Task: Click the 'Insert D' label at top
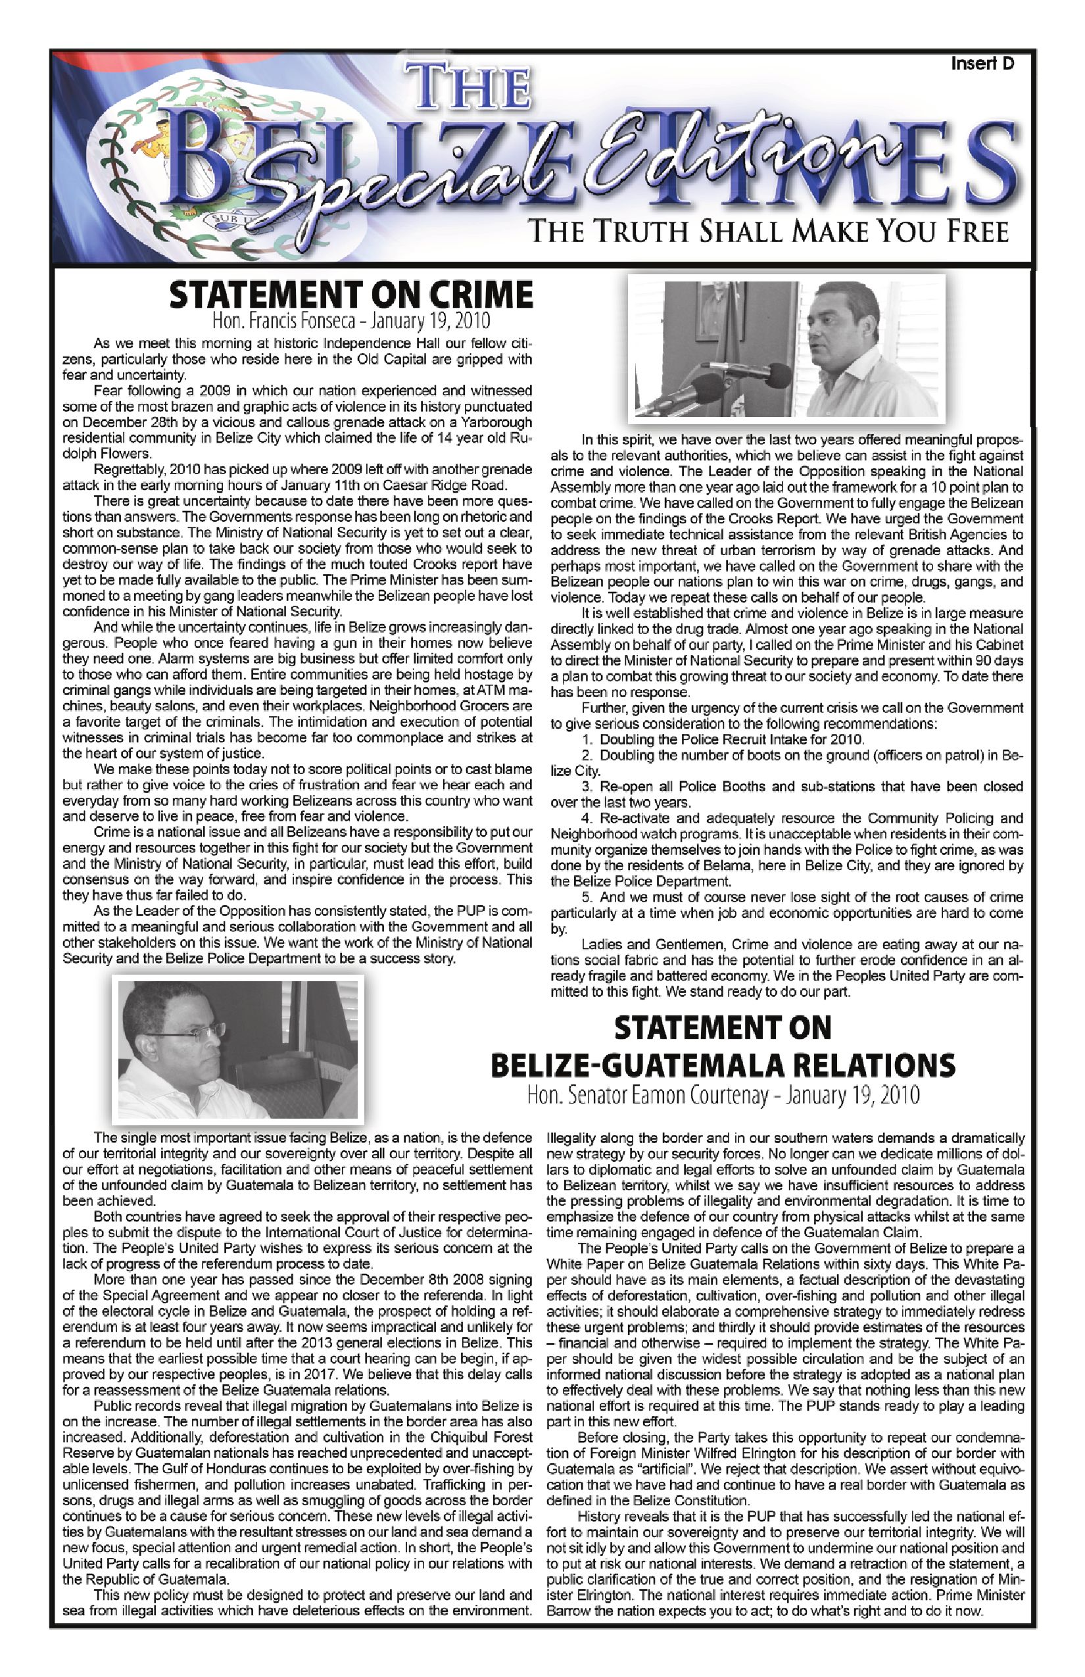tap(982, 64)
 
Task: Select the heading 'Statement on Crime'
tap(350, 295)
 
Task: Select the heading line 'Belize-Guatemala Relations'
tap(722, 1065)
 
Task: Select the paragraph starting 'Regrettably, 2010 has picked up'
tap(297, 477)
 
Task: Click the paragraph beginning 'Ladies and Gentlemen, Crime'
tap(786, 967)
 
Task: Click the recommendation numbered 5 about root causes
tap(786, 913)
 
